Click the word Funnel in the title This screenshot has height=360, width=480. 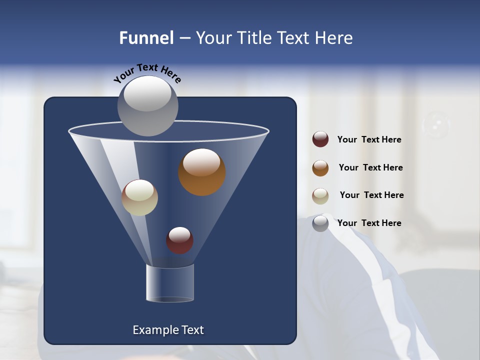tap(146, 38)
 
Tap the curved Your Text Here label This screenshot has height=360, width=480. tap(147, 73)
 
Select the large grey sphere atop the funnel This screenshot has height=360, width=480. tap(147, 105)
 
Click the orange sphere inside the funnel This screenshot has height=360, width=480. tap(201, 171)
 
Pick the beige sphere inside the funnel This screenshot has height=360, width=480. tap(139, 197)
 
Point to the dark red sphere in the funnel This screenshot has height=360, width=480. tap(179, 240)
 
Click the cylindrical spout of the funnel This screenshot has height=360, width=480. tap(169, 283)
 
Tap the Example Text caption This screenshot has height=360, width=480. tap(168, 330)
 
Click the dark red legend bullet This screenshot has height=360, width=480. tap(320, 139)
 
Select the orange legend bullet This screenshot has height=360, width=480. tap(320, 168)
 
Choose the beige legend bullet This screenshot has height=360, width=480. tap(320, 196)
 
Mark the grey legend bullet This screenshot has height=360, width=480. tap(320, 223)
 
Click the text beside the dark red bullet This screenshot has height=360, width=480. tap(369, 140)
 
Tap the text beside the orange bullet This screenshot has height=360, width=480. tap(370, 168)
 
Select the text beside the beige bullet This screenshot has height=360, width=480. tap(371, 195)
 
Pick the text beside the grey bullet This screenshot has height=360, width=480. tap(369, 223)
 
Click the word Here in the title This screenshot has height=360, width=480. tap(334, 38)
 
